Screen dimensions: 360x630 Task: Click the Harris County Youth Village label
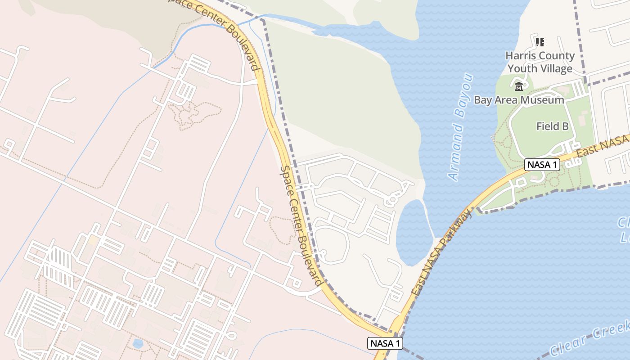[540, 62]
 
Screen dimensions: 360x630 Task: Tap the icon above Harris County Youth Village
[540, 42]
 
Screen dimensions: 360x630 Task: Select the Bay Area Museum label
[519, 100]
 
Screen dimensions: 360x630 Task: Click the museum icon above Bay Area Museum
[519, 86]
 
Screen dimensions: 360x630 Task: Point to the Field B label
[552, 126]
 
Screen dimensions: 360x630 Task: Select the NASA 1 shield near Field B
[542, 165]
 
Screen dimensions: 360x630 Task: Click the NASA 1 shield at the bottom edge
[385, 343]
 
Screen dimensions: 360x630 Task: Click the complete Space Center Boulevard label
[300, 225]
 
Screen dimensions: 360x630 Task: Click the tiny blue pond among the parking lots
[138, 344]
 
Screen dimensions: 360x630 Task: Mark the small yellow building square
[93, 240]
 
